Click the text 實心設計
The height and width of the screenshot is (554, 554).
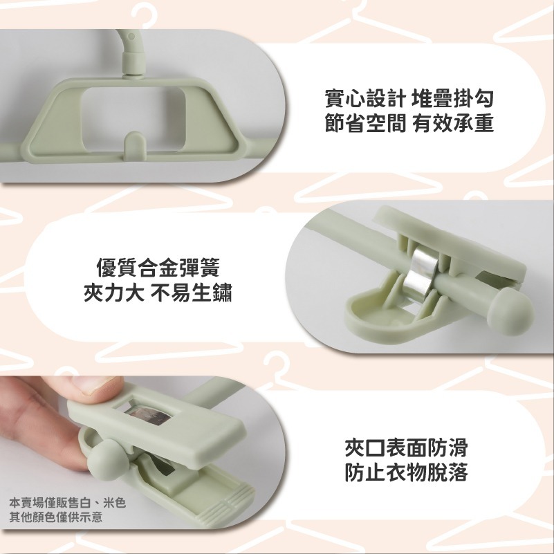pyautogui.click(x=364, y=99)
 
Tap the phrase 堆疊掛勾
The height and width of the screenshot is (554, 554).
pyautogui.click(x=452, y=99)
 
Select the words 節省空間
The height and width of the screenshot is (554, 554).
pyautogui.click(x=364, y=123)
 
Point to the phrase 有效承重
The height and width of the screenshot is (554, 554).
pyautogui.click(x=452, y=123)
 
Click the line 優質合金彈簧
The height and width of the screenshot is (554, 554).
pyautogui.click(x=158, y=268)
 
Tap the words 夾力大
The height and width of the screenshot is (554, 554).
pyautogui.click(x=113, y=293)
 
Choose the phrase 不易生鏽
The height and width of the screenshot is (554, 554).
pyautogui.click(x=191, y=293)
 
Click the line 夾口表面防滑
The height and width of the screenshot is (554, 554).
pyautogui.click(x=406, y=447)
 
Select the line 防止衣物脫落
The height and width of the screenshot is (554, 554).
pyautogui.click(x=406, y=472)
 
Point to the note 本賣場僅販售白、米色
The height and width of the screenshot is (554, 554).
pyautogui.click(x=68, y=503)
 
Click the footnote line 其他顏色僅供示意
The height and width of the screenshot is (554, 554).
pyautogui.click(x=56, y=517)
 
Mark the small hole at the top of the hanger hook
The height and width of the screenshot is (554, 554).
pyautogui.click(x=132, y=36)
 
